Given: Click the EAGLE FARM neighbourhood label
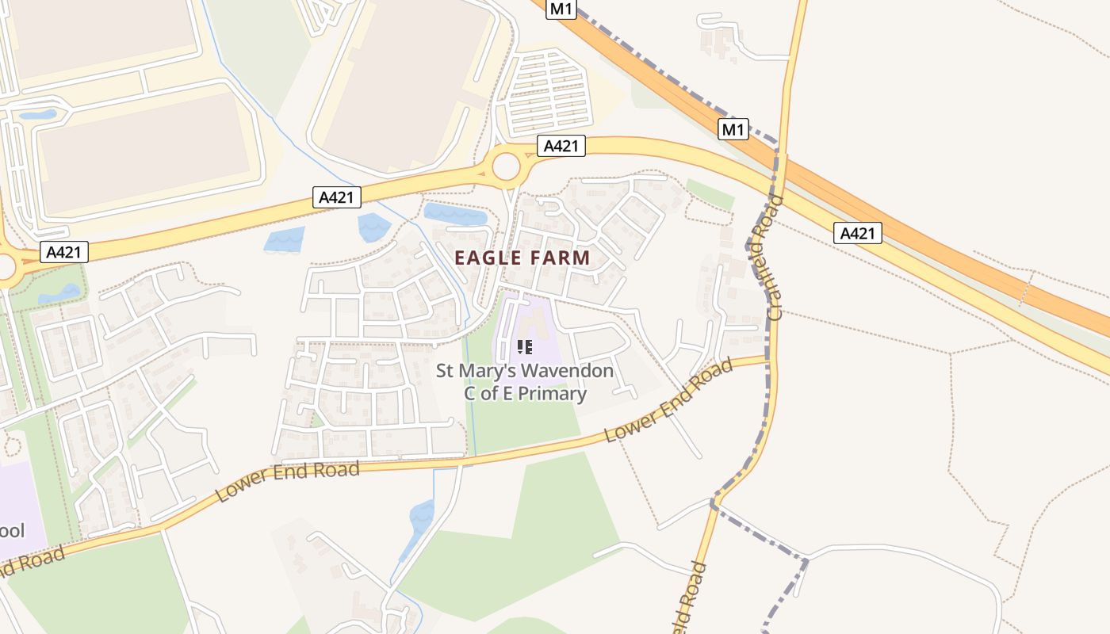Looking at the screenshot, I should [x=522, y=258].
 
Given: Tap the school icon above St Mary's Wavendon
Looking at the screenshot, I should [x=524, y=346].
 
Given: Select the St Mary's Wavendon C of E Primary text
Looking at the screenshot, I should [x=525, y=382].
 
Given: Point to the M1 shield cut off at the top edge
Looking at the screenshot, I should [x=561, y=8].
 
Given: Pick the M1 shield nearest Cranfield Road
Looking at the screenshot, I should [x=733, y=129].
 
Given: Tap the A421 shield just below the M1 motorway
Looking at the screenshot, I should [x=857, y=233].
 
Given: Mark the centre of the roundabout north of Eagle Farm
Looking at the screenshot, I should [x=506, y=167].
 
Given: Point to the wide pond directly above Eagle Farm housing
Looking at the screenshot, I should [x=455, y=214].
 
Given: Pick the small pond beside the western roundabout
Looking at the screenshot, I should [x=59, y=294].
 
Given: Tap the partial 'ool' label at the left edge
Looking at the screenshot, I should [x=12, y=530].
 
